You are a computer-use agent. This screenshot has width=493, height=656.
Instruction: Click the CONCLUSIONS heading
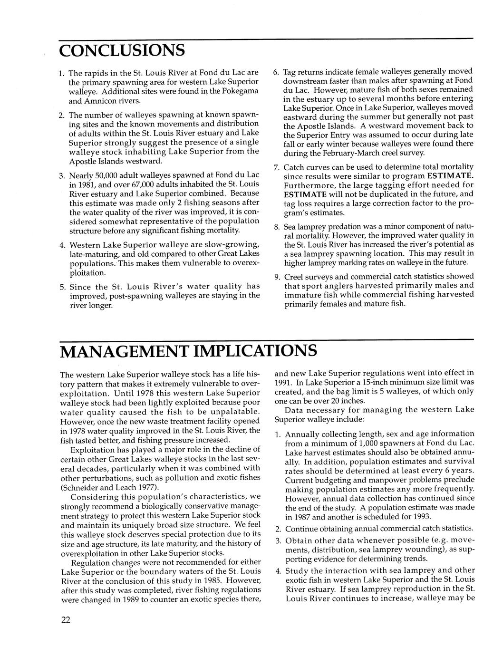(121, 49)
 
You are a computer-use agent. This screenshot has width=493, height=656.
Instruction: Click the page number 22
(66, 620)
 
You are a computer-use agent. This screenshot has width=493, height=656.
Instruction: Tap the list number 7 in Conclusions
(277, 167)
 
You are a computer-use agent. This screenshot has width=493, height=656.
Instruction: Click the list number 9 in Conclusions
(277, 277)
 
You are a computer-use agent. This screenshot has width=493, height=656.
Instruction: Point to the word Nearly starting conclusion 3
(81, 175)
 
